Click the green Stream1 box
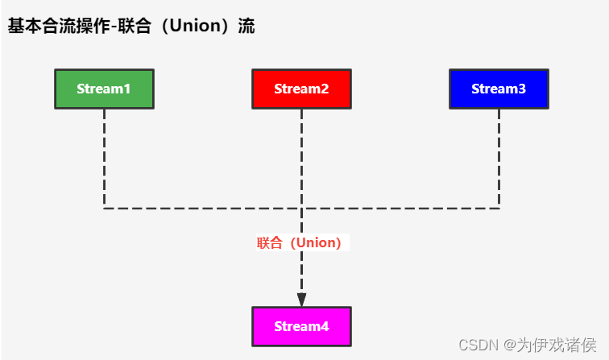(104, 89)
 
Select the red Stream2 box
(301, 89)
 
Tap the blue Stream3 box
(499, 89)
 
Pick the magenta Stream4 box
(301, 326)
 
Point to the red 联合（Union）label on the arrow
(301, 242)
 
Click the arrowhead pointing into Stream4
(301, 299)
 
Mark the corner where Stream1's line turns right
(104, 209)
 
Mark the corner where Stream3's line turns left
(499, 209)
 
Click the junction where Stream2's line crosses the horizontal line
(301, 209)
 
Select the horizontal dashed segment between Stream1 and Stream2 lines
(201, 209)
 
